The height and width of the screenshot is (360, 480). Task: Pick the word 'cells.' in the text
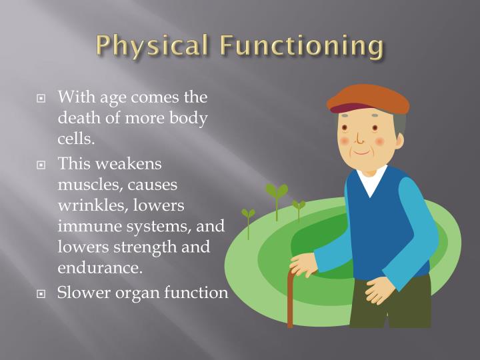point(77,140)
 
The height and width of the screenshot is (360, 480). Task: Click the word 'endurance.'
point(100,268)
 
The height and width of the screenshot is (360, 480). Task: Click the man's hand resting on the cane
point(303,264)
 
